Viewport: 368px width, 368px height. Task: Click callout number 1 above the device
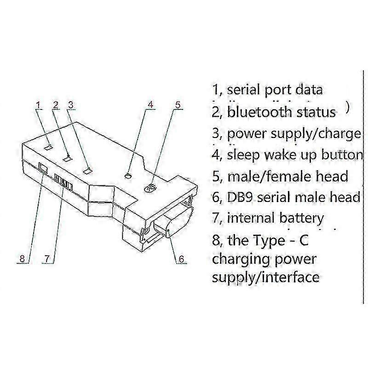click(x=39, y=105)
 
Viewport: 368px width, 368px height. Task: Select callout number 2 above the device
click(x=55, y=105)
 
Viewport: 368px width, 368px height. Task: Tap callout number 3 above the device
click(x=70, y=105)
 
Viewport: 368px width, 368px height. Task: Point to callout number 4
click(x=150, y=105)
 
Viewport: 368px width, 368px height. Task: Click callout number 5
click(x=178, y=105)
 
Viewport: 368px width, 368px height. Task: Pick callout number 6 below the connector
click(x=181, y=259)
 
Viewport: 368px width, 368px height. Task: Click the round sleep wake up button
click(x=129, y=175)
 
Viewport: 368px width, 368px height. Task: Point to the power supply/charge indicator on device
click(x=87, y=171)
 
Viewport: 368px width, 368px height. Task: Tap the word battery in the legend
click(x=301, y=218)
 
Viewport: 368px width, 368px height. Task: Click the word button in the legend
click(x=342, y=155)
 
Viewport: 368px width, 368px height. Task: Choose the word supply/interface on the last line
click(x=265, y=277)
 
